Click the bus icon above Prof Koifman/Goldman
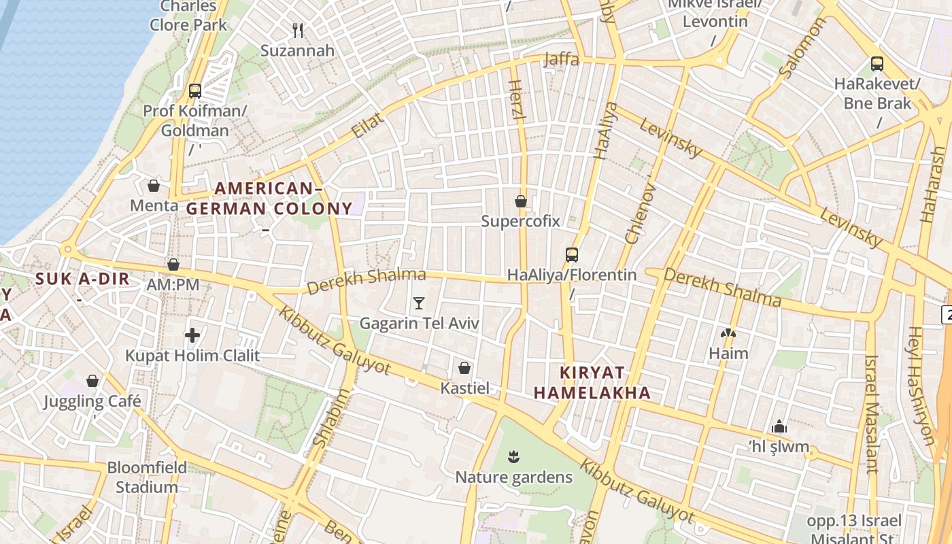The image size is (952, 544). click(195, 91)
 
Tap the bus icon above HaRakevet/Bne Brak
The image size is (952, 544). click(877, 65)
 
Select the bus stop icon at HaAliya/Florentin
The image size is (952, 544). click(572, 255)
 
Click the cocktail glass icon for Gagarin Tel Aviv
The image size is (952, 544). click(419, 303)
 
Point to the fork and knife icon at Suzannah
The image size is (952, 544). click(297, 30)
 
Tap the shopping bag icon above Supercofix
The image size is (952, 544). click(521, 201)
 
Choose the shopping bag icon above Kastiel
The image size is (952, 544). click(464, 368)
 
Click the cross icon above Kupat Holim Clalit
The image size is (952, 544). click(192, 335)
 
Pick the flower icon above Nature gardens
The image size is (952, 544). click(513, 456)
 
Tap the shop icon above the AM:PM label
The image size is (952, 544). click(173, 265)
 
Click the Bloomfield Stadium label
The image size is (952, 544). click(147, 477)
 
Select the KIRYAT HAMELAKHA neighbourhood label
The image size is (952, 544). click(592, 383)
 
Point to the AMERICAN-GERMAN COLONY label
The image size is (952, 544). click(269, 199)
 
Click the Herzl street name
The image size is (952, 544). click(517, 100)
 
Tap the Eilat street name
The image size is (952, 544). click(368, 126)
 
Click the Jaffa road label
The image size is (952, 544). click(562, 60)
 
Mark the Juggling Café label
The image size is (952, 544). click(92, 401)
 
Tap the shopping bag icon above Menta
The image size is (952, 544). click(154, 186)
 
